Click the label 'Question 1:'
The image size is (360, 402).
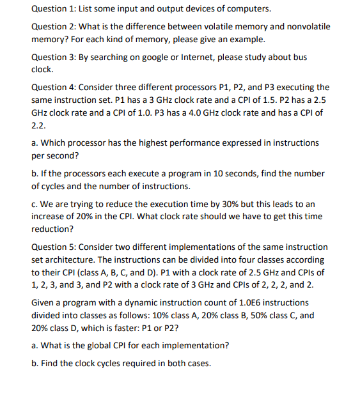pos(54,9)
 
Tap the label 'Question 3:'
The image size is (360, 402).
pos(54,57)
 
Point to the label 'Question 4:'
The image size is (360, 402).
pos(54,87)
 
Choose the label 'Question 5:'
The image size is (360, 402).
pos(54,247)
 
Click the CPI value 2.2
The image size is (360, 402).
pos(38,125)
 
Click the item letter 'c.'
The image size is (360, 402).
pos(35,203)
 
